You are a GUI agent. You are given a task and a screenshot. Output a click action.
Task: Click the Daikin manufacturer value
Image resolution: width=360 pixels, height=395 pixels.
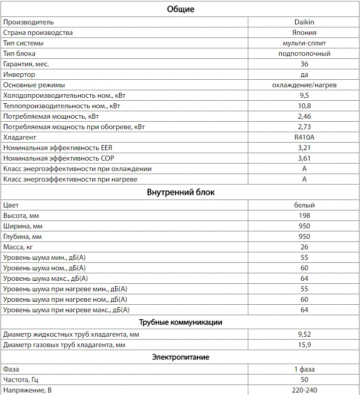click(x=304, y=22)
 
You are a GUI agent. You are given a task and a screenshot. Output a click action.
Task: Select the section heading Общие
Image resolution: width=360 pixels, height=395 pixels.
click(x=180, y=9)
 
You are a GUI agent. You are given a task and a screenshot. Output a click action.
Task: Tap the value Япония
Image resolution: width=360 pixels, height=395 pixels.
click(x=304, y=32)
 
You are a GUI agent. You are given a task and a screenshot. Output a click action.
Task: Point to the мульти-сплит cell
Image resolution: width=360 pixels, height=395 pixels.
click(x=304, y=43)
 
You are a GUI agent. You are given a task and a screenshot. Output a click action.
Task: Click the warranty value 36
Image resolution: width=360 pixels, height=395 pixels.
click(x=304, y=64)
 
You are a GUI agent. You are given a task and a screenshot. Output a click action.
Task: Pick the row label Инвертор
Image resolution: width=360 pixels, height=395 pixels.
click(x=19, y=74)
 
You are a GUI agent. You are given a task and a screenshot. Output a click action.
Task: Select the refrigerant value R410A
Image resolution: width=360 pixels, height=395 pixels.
click(x=304, y=137)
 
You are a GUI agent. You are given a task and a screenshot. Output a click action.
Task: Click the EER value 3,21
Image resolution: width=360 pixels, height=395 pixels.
click(x=304, y=148)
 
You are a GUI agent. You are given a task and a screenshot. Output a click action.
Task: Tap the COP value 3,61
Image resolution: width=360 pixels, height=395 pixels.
click(x=304, y=158)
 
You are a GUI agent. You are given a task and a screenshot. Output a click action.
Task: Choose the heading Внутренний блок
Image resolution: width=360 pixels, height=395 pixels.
click(x=180, y=192)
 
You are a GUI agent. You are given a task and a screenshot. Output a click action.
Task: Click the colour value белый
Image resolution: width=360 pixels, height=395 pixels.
click(x=304, y=205)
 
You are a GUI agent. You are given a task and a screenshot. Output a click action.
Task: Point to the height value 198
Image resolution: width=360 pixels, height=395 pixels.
click(x=304, y=215)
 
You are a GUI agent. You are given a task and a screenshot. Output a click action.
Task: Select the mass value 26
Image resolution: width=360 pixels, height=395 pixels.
click(x=304, y=247)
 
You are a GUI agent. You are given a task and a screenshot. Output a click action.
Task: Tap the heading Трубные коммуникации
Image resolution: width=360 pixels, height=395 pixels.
click(x=180, y=322)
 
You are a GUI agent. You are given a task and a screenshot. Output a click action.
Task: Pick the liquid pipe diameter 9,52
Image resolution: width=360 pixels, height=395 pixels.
click(x=304, y=334)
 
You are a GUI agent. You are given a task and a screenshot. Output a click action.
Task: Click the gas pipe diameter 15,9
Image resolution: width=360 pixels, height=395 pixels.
click(x=304, y=345)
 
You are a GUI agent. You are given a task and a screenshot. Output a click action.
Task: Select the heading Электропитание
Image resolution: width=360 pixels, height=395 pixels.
click(x=180, y=357)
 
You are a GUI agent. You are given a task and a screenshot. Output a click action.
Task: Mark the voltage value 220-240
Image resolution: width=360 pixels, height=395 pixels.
click(x=304, y=390)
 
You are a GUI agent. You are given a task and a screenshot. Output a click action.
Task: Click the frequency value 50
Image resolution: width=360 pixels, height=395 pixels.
click(x=304, y=380)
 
